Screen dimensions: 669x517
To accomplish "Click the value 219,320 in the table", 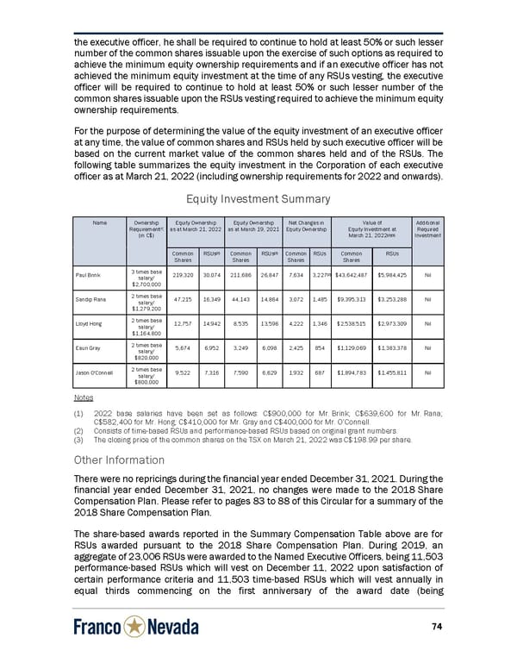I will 183,274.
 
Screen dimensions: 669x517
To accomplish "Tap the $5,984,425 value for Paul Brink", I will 396,274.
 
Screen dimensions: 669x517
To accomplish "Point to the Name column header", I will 100,222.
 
